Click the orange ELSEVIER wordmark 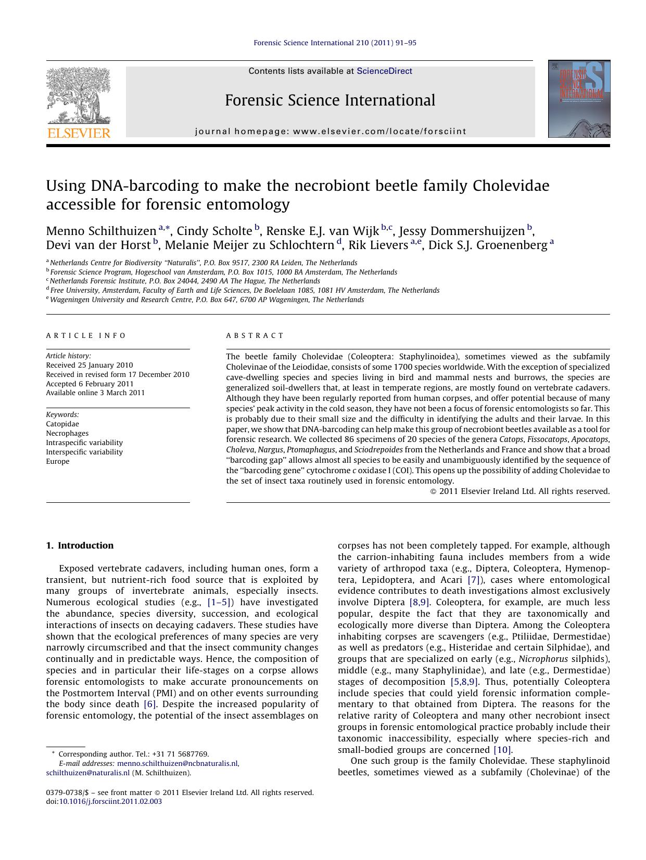pos(79,133)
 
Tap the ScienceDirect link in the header pos(384,71)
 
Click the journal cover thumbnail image pos(579,99)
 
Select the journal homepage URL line pos(331,132)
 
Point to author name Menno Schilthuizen pos(101,231)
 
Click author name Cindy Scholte pos(214,231)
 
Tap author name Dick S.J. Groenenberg pos(488,245)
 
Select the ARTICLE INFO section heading pos(86,335)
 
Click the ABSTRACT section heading pos(255,335)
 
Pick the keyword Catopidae pos(62,424)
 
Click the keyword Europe pos(57,461)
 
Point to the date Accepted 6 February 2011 pos(90,384)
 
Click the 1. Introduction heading pos(80,545)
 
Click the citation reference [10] pos(502,750)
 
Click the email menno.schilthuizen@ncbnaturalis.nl pos(178,763)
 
